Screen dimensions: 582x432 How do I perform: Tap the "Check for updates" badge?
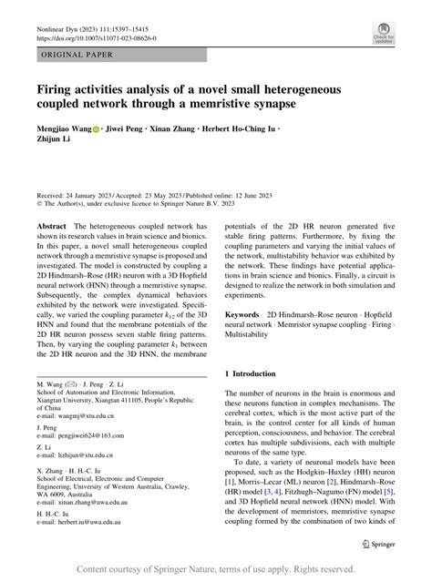click(384, 36)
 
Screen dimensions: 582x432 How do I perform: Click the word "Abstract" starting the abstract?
click(51, 250)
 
